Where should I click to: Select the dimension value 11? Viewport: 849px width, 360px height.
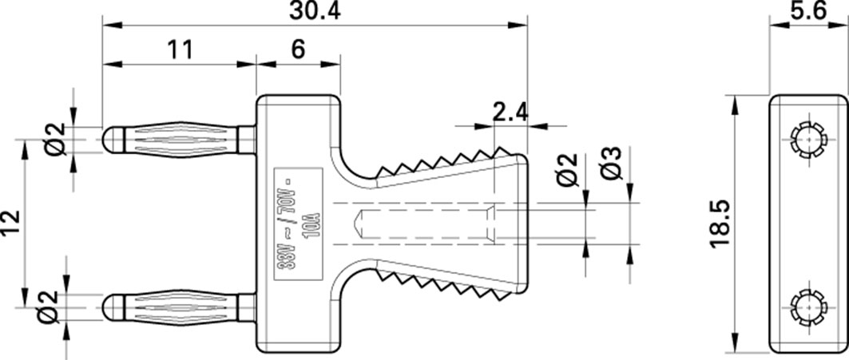(x=181, y=49)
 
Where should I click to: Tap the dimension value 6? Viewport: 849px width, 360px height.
(x=297, y=49)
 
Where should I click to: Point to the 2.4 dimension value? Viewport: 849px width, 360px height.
(x=509, y=112)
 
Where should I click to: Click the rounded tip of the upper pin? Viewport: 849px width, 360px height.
(x=110, y=140)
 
